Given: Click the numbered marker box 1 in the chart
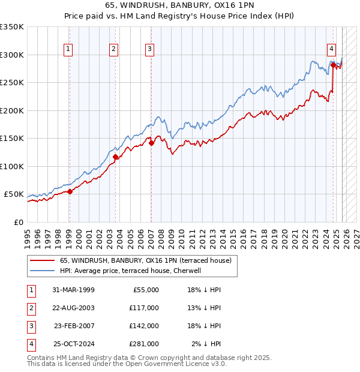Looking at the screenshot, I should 69,50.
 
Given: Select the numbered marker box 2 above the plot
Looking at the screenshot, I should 114,50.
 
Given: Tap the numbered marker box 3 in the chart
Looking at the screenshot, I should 150,50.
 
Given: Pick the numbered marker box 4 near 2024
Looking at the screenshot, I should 331,50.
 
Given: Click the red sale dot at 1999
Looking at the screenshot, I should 70,192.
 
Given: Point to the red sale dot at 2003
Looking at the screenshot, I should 115,157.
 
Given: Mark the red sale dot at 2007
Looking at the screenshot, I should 151,143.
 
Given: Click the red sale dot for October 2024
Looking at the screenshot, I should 333,65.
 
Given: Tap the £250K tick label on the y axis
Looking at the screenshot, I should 12,83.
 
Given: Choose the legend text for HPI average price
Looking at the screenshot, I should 130,271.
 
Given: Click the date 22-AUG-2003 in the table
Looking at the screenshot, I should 74,308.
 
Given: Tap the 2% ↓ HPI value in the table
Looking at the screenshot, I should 206,344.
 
